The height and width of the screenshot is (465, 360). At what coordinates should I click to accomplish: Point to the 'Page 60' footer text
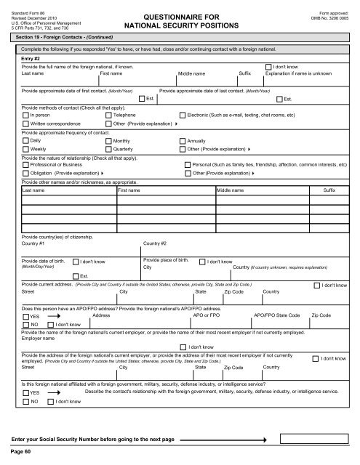point(21,451)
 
